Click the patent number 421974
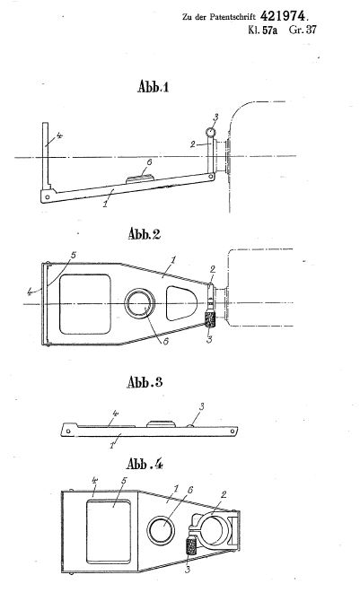tap(283, 16)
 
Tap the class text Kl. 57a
tap(262, 30)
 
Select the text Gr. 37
tap(303, 30)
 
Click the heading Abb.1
tap(154, 87)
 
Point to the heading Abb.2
tap(145, 233)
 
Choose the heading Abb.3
tap(145, 382)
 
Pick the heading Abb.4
tap(145, 464)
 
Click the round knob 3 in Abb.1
tap(210, 133)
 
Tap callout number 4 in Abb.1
tap(59, 135)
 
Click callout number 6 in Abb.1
tap(149, 162)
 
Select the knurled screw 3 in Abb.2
tap(210, 319)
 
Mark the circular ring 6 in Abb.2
tap(140, 304)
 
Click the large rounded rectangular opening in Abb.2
tap(85, 304)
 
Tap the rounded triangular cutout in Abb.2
tap(181, 303)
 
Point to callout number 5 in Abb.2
tap(74, 256)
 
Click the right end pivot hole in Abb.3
tap(233, 431)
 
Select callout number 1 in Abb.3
tap(112, 446)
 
